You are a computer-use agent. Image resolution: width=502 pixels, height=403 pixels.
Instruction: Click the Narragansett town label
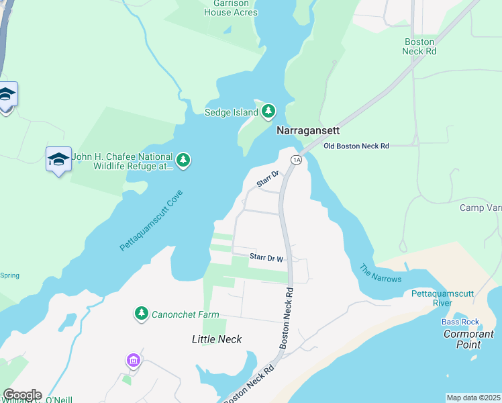(309, 131)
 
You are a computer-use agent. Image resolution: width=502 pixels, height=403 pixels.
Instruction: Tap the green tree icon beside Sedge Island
(268, 111)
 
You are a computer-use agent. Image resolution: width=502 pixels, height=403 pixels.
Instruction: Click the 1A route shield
(295, 159)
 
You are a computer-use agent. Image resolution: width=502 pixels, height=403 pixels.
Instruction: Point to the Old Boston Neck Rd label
(356, 145)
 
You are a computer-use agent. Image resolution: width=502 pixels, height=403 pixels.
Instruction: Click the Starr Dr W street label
(267, 257)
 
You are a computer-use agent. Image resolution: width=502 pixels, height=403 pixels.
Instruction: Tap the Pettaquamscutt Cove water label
(151, 220)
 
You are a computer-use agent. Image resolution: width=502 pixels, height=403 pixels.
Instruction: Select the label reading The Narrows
(380, 273)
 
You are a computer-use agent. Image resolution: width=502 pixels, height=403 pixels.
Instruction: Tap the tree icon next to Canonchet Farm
(141, 313)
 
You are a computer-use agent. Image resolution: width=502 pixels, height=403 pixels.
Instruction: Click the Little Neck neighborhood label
(217, 339)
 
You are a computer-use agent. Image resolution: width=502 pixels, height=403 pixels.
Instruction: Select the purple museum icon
(134, 361)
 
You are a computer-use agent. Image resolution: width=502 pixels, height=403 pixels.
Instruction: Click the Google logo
(22, 395)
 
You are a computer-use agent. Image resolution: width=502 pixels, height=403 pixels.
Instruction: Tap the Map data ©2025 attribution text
(473, 398)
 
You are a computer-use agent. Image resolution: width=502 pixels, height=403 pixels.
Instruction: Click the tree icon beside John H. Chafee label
(183, 160)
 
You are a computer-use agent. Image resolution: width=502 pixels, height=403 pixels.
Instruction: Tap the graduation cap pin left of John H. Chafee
(58, 159)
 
